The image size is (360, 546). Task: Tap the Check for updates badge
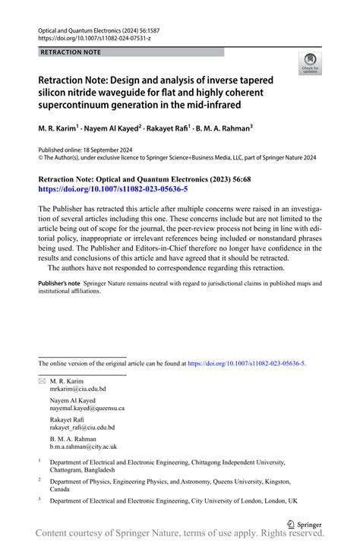[x=310, y=64]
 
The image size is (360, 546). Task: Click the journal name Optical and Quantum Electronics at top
[x=85, y=25]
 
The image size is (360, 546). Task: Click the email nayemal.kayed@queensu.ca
[x=87, y=409]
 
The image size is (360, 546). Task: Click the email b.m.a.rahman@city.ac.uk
[x=84, y=447]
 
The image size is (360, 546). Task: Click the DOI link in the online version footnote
[x=245, y=364]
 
